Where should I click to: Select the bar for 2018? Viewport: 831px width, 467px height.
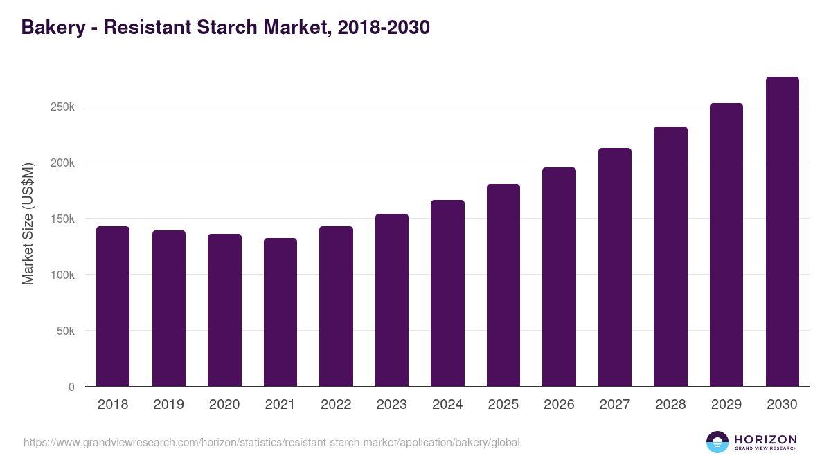tap(113, 306)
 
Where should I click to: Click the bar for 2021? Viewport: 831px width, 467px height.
tap(280, 312)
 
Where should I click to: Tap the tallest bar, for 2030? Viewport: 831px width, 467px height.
tap(782, 231)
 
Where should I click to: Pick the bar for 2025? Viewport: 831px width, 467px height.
tap(503, 285)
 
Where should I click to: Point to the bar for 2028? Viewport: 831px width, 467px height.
tap(670, 256)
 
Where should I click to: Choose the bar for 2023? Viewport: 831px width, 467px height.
tap(392, 300)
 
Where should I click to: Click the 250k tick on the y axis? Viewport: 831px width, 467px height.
tap(62, 107)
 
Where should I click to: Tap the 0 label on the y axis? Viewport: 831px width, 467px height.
tap(71, 387)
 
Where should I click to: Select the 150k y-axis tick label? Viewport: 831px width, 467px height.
tap(62, 219)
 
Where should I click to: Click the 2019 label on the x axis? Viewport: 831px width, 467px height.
tap(169, 405)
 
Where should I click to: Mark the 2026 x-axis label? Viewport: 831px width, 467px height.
tap(559, 405)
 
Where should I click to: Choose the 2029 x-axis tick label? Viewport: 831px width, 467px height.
tap(726, 405)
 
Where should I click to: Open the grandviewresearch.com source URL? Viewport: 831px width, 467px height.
tap(271, 442)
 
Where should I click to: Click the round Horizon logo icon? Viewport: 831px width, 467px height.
tap(717, 442)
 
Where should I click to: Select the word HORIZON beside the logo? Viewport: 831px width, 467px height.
tap(765, 439)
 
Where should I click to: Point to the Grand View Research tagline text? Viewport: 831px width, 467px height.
tap(765, 449)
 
